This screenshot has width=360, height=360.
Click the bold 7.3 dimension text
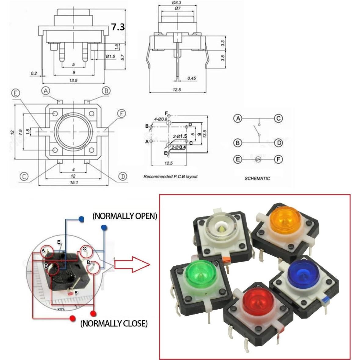(118, 27)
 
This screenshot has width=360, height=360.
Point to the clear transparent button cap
(220, 228)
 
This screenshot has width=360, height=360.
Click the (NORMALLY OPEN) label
(125, 216)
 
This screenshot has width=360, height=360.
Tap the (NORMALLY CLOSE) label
(114, 323)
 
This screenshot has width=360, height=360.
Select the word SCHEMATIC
(257, 178)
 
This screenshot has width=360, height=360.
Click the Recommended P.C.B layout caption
(170, 176)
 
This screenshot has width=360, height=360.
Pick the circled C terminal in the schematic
(278, 118)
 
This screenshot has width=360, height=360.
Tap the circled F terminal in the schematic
(278, 159)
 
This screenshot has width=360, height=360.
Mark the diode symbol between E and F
(258, 159)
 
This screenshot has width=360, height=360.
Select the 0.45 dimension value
(191, 78)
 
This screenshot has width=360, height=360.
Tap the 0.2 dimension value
(34, 73)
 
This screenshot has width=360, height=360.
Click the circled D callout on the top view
(122, 176)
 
